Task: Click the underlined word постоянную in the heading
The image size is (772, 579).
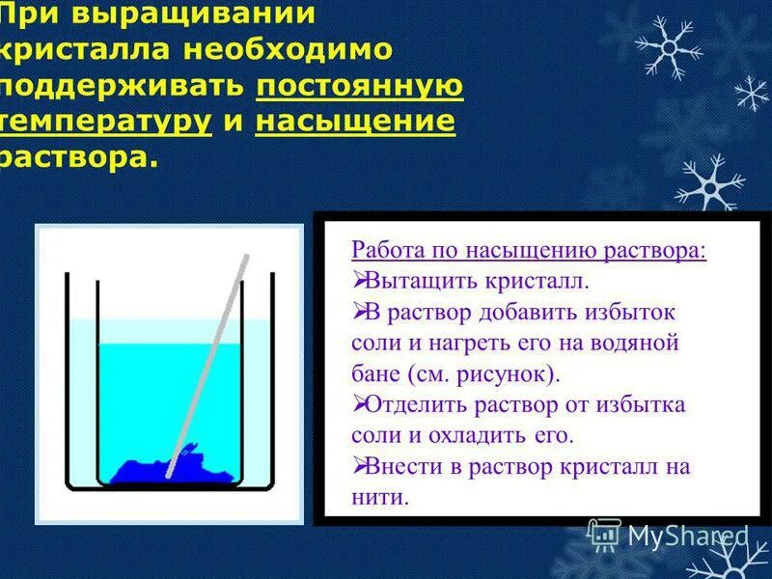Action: [x=360, y=86]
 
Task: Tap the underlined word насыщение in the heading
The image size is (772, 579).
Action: [x=355, y=122]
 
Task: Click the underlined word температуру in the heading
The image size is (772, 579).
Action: [x=106, y=122]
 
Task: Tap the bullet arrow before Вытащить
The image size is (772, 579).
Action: [x=359, y=281]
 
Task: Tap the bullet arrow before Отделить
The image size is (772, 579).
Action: [x=359, y=403]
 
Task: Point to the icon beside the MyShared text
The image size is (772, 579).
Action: [x=604, y=534]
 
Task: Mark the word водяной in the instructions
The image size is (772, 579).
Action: [x=645, y=343]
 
